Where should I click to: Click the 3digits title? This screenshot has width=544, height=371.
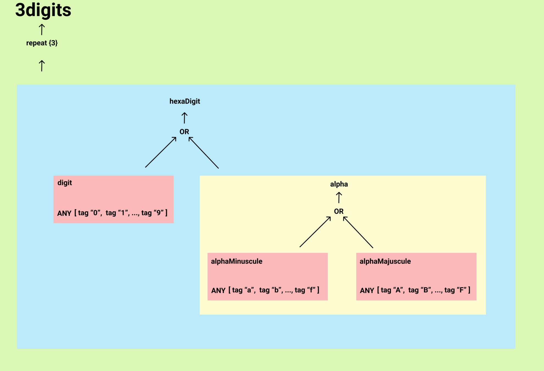click(x=43, y=10)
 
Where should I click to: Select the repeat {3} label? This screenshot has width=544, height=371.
click(x=42, y=43)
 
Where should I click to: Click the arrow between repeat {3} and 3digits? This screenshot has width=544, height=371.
click(x=42, y=29)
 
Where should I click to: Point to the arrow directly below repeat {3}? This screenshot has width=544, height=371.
click(x=42, y=66)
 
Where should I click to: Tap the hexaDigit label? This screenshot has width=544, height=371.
click(x=185, y=101)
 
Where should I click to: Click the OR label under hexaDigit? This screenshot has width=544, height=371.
click(x=184, y=132)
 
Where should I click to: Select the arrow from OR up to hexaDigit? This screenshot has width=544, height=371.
click(x=185, y=118)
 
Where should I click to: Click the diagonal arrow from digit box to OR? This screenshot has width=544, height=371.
click(x=161, y=152)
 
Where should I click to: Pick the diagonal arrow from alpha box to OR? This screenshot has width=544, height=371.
click(x=203, y=153)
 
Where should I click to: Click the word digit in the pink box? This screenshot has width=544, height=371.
click(x=65, y=183)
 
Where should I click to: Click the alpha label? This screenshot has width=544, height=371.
click(x=339, y=184)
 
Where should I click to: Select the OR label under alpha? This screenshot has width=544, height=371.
click(x=339, y=211)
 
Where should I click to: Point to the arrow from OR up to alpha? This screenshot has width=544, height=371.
click(x=339, y=198)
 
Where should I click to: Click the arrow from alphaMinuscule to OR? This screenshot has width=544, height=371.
click(x=315, y=232)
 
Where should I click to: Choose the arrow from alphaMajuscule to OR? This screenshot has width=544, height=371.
click(x=358, y=232)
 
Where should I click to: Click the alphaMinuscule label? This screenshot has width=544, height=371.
click(x=236, y=261)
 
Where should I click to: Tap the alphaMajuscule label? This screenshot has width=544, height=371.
click(x=385, y=261)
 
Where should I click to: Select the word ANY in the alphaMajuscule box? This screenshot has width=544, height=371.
click(x=367, y=290)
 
